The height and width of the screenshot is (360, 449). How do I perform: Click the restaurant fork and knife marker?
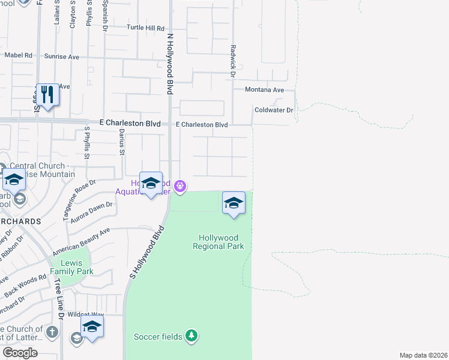(47, 95)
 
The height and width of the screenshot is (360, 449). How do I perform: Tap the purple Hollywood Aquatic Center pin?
(179, 187)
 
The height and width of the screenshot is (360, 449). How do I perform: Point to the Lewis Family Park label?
(76, 266)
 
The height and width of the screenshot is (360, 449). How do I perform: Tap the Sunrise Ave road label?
(62, 56)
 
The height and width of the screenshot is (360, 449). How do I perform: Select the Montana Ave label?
(264, 89)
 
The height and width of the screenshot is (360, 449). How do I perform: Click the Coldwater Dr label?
(273, 110)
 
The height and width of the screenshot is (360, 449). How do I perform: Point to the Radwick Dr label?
(232, 60)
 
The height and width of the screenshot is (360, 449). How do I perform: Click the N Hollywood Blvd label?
(170, 63)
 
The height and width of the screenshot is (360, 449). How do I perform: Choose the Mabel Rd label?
(18, 55)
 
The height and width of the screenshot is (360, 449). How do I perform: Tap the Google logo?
(20, 353)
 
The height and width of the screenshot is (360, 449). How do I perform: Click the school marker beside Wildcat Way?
(92, 327)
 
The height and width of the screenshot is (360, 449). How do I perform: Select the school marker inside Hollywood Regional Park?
(234, 203)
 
